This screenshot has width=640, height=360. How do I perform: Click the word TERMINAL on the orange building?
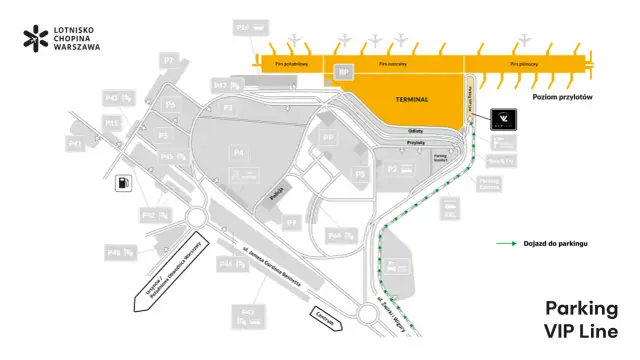(x=412, y=100)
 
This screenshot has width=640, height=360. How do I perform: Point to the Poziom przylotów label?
(x=563, y=97)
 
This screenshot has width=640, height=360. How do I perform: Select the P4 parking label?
(x=238, y=151)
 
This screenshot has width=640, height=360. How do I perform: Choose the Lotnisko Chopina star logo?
(x=36, y=39)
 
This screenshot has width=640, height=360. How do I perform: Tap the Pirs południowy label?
(x=291, y=63)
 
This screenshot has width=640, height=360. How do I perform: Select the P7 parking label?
(x=169, y=62)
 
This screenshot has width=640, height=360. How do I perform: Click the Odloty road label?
(x=417, y=131)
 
